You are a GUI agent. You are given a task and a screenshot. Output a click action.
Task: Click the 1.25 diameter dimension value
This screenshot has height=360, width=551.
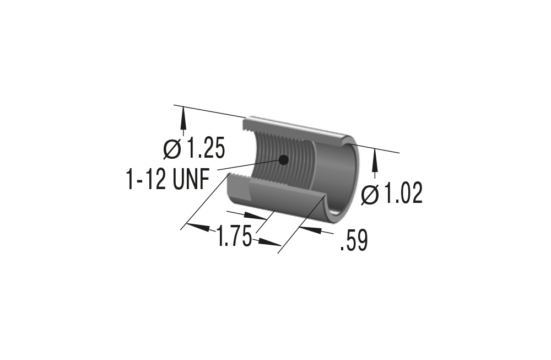(x=205, y=149)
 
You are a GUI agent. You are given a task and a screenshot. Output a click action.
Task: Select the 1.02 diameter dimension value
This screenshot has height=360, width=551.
(x=403, y=194)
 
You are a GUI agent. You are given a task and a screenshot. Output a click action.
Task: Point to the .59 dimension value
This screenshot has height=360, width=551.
(x=354, y=241)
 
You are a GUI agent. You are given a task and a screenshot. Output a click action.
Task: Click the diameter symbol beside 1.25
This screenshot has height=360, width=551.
(x=172, y=149)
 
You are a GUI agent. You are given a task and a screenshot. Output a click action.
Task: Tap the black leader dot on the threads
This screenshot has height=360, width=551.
(x=284, y=160)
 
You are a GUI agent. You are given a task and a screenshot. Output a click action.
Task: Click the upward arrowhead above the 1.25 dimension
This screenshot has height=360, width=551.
(x=183, y=119)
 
